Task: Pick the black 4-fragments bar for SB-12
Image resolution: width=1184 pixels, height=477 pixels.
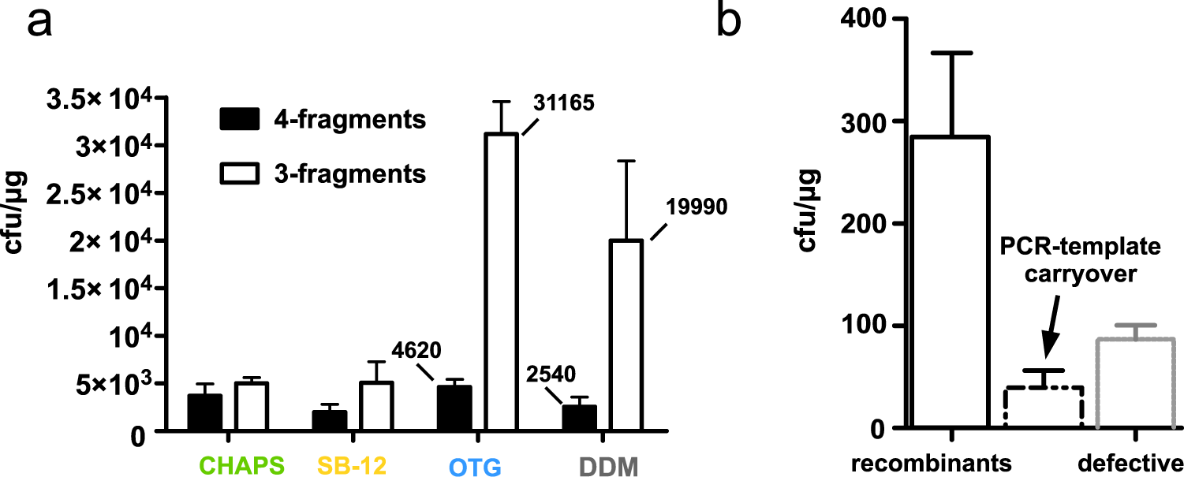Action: [x=329, y=421]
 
